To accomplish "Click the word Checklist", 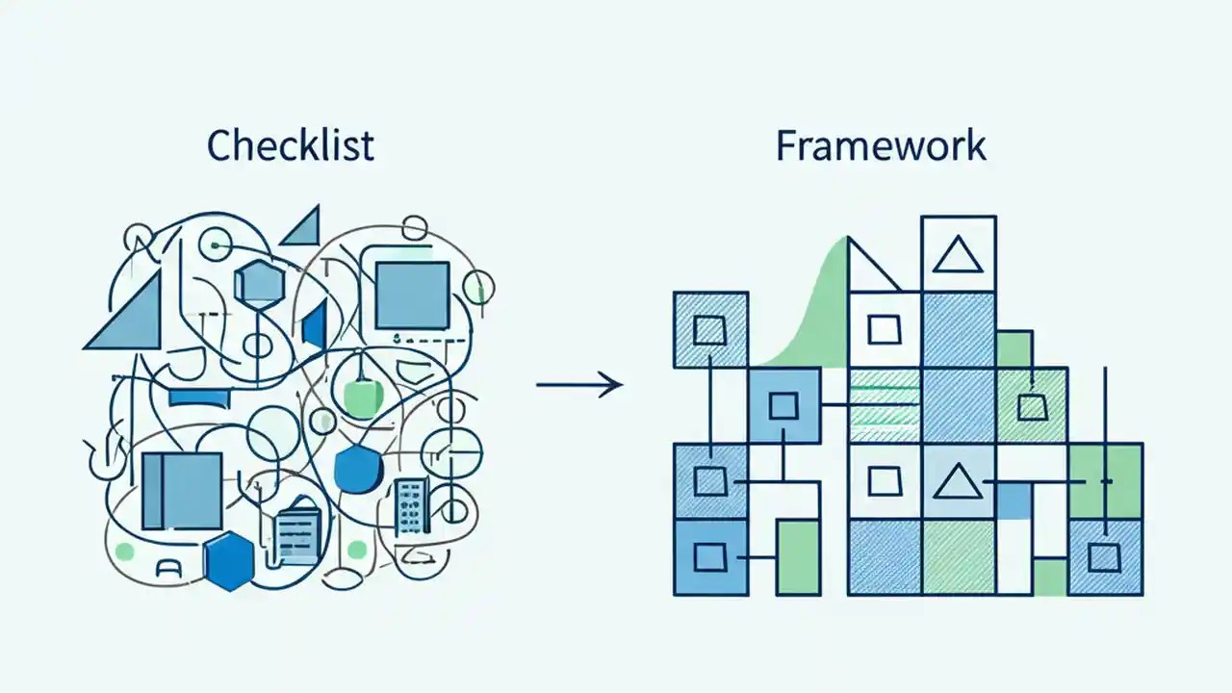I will (x=291, y=145).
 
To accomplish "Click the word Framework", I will (x=881, y=145).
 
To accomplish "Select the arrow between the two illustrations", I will (x=579, y=386).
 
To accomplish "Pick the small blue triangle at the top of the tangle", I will (x=303, y=227).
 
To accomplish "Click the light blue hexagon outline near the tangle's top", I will (x=260, y=282).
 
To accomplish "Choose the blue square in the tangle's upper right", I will (x=411, y=295).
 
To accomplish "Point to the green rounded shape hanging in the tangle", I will (x=360, y=397).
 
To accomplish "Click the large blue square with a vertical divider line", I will (x=182, y=491).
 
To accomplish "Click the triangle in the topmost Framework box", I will (x=958, y=256).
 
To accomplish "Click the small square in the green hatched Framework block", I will (x=1032, y=406).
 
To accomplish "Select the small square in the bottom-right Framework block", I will (x=1104, y=556).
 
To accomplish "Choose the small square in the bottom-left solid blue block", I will (x=709, y=556).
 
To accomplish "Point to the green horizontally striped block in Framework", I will (x=884, y=405).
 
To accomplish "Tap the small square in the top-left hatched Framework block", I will (x=709, y=330).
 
